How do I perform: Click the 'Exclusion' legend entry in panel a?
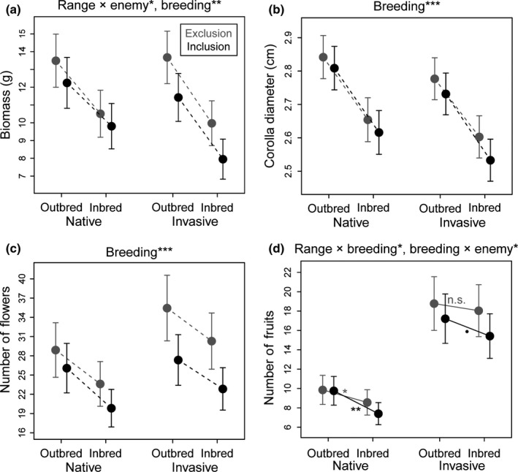(207, 34)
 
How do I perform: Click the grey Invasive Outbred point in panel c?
(167, 308)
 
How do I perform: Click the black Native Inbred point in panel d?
(378, 414)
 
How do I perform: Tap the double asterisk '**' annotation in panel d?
(356, 411)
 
